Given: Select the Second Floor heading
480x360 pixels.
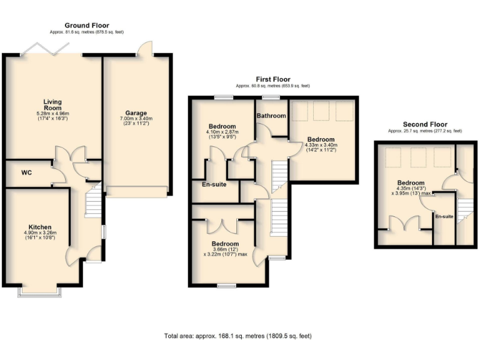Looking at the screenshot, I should pos(424,124).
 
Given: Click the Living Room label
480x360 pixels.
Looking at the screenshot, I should pos(52,104).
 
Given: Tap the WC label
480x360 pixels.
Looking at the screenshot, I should pos(26,172).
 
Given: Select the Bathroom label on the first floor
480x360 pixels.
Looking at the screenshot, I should pos(271,116).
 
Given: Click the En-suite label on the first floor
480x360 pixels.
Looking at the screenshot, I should pos(214,184).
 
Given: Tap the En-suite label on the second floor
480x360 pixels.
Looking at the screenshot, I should pos(444,216).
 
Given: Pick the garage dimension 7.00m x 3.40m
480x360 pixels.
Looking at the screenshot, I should pos(136,119).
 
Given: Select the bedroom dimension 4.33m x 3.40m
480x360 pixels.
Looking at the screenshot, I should pos(320,145).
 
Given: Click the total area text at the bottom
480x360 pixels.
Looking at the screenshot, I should pos(238,336).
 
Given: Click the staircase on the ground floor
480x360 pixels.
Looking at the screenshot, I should pos(92,201).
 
